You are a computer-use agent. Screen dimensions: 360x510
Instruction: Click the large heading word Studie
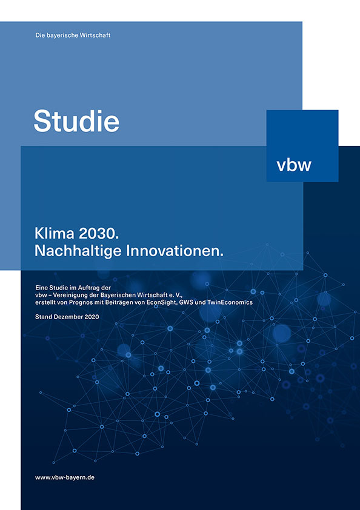(x=76, y=121)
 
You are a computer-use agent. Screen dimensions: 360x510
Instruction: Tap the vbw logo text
(x=294, y=165)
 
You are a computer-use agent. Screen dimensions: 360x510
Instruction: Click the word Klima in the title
(x=55, y=234)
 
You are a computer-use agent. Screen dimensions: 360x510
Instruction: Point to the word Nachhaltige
(x=78, y=251)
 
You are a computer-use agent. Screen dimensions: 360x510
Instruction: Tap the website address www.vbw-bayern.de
(x=65, y=477)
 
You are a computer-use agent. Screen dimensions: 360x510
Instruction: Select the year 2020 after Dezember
(x=92, y=317)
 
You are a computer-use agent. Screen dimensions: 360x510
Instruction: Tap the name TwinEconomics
(x=230, y=302)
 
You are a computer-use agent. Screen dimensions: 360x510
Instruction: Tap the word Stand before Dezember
(x=42, y=317)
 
